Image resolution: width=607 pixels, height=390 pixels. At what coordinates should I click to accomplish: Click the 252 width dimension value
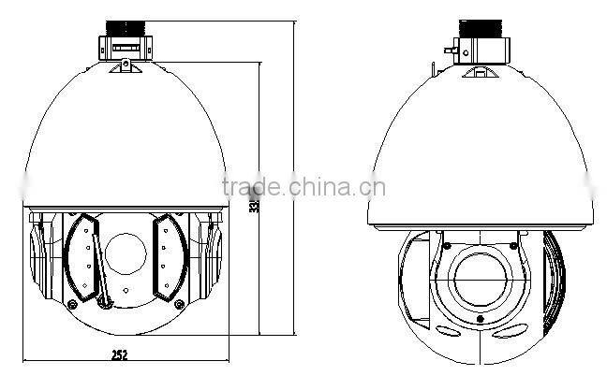[119, 354]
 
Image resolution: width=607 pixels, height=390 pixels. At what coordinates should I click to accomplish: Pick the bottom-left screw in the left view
[71, 304]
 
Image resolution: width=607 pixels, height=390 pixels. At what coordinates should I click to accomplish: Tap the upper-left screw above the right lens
[446, 245]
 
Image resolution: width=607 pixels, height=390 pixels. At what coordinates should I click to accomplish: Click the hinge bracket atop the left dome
[123, 63]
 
